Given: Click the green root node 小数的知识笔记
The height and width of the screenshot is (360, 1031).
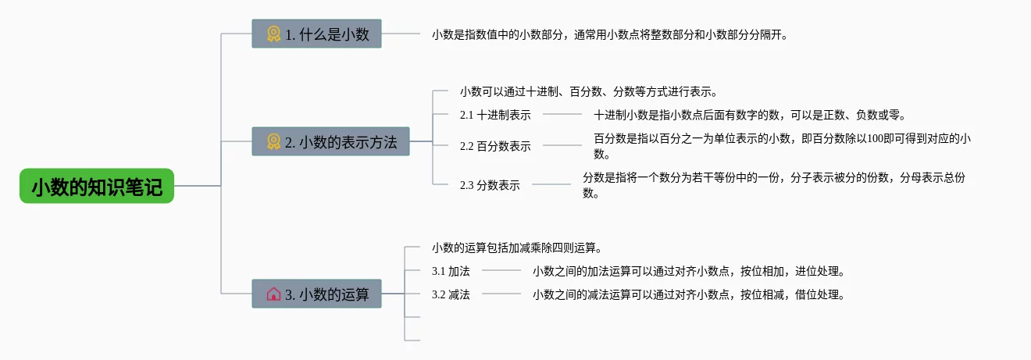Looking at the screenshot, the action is click(97, 186).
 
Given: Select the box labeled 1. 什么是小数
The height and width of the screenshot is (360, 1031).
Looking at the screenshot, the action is click(316, 34).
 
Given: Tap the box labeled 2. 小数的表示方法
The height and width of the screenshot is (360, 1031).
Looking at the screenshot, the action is click(330, 141).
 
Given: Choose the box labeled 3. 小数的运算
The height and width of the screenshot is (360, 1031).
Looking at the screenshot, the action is click(316, 294).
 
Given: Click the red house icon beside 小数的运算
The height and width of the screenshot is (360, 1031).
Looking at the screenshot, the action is click(273, 294).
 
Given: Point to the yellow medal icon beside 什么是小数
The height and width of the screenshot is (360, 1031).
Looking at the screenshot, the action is click(273, 34).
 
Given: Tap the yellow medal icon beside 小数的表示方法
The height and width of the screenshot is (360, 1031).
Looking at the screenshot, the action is click(273, 141).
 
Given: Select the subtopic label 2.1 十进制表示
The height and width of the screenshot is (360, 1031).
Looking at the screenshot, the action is click(495, 115).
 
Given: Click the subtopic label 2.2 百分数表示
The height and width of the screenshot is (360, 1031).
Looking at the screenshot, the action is click(495, 146).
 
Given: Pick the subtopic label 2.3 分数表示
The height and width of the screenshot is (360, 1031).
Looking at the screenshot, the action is click(490, 185).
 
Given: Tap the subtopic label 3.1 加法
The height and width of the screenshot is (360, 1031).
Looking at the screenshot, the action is click(451, 271).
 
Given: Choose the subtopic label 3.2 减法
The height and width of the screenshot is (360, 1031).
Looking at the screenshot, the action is click(451, 294).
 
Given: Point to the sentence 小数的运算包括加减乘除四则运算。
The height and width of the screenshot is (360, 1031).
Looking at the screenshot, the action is click(517, 248).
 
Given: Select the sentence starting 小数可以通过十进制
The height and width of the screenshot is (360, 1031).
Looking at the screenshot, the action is click(589, 91).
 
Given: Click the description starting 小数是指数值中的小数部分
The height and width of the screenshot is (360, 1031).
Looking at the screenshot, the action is click(610, 34).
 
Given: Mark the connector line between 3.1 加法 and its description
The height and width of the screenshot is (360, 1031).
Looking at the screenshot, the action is click(501, 271).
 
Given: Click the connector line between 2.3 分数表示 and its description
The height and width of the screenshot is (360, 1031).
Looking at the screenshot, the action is click(551, 184).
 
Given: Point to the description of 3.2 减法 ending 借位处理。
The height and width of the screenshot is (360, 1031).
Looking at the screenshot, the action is click(689, 294).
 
